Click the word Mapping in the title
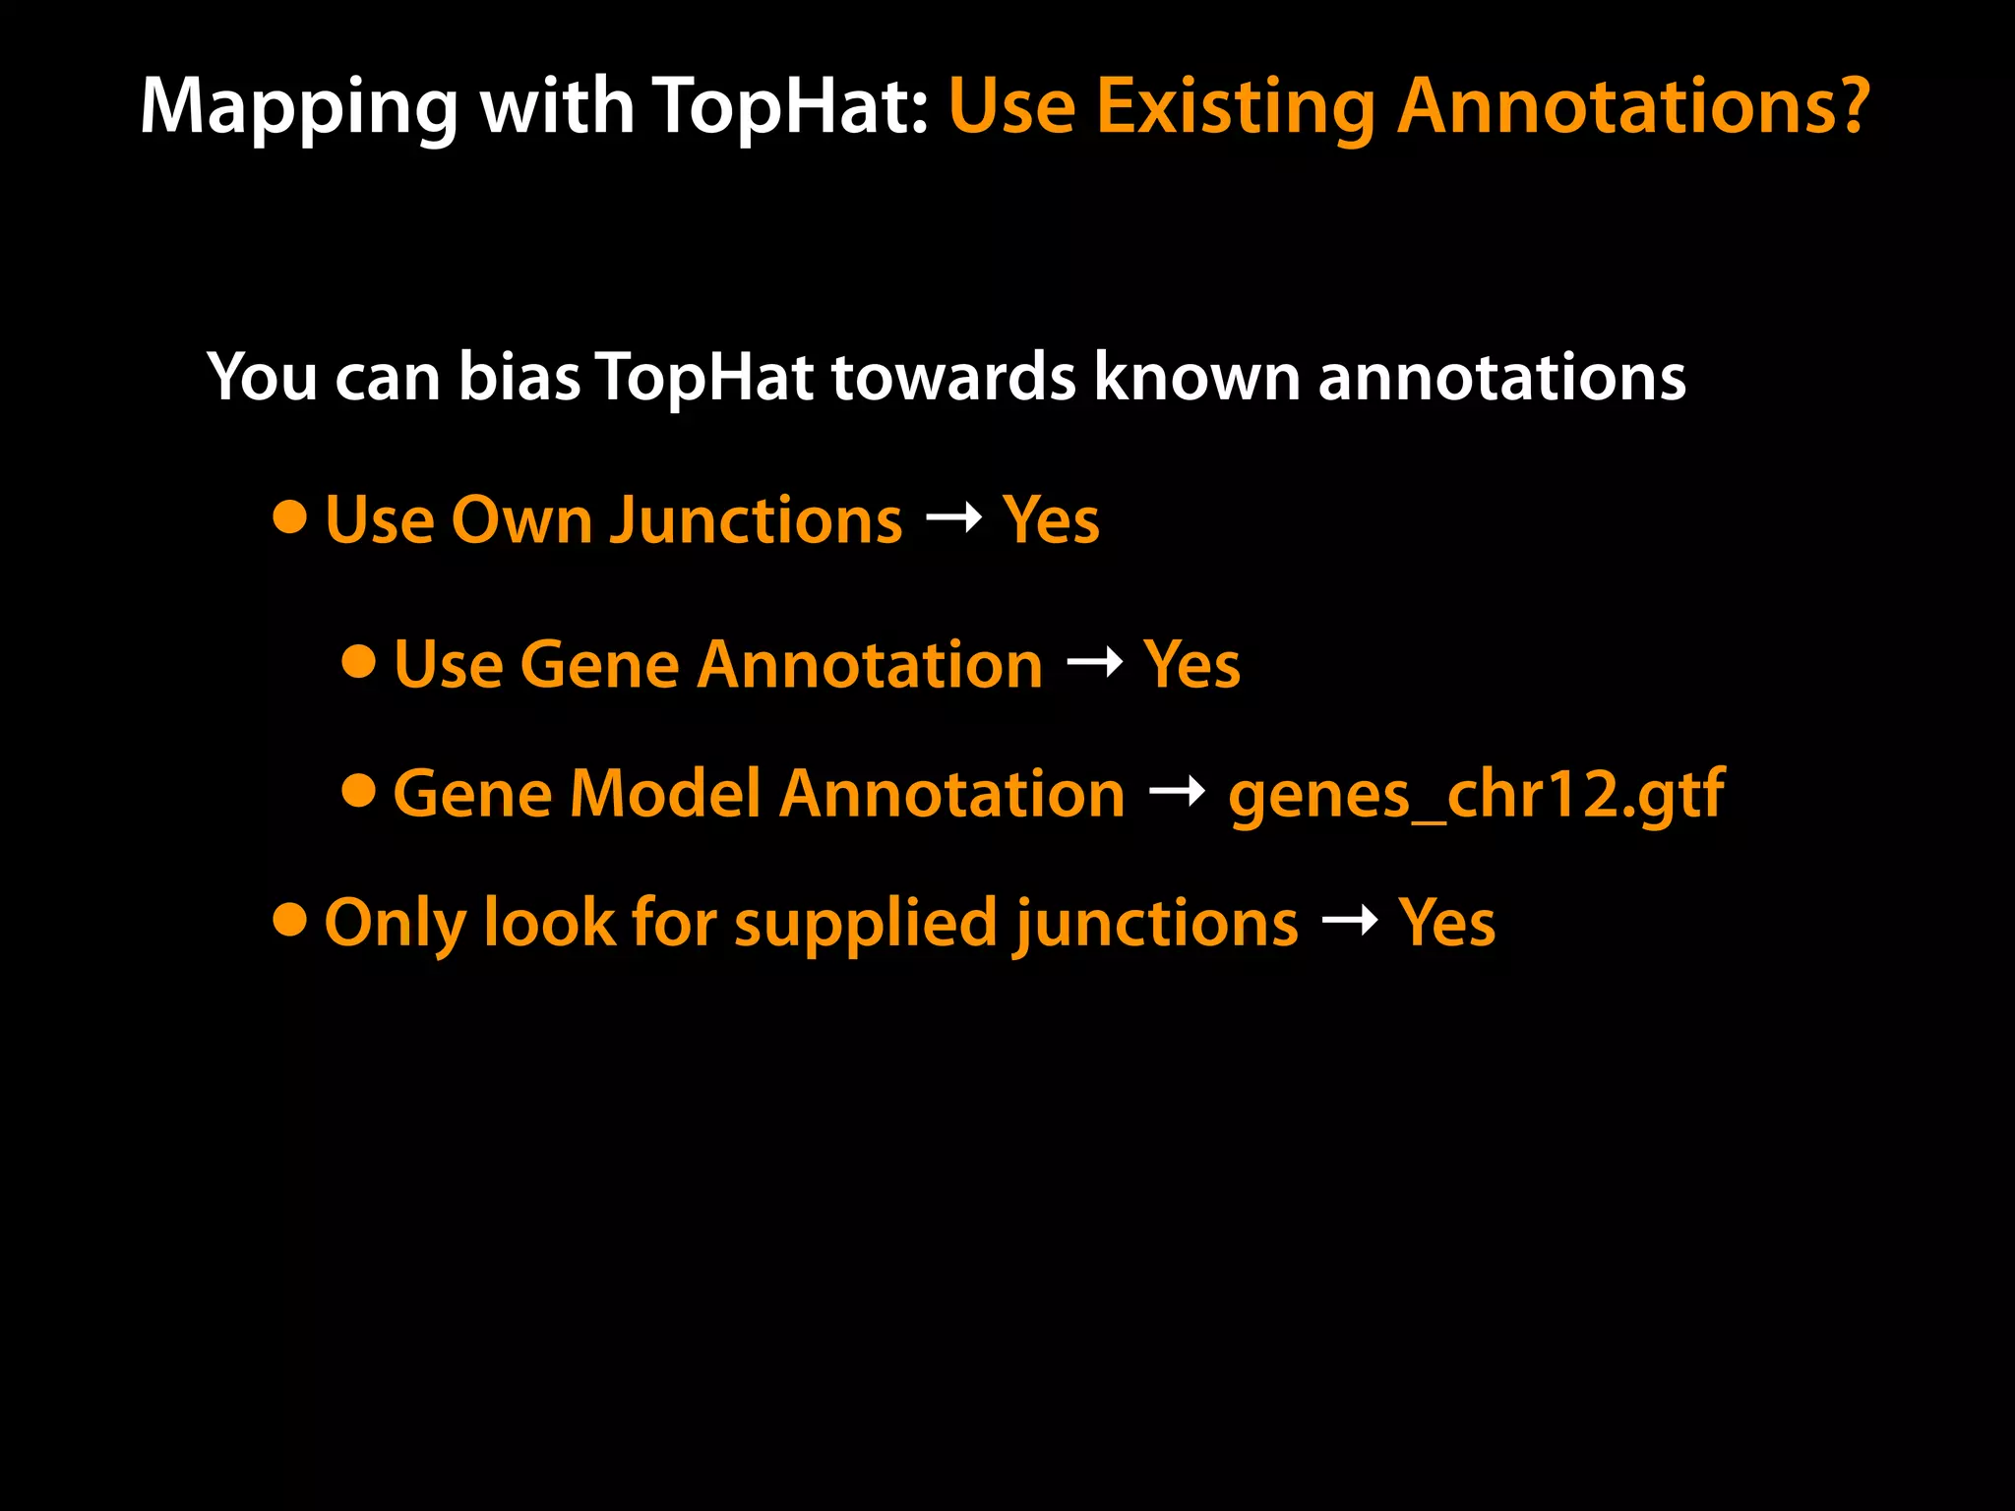pos(299,108)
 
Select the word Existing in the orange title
pos(1235,108)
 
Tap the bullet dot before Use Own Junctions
pos(290,516)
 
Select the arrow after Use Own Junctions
pos(953,516)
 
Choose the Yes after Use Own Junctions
pos(1051,520)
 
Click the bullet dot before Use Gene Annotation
pos(359,661)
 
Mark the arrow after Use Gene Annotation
pos(1095,662)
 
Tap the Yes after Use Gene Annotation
pos(1191,665)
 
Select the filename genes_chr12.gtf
pos(1476,795)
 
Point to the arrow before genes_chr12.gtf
pos(1178,790)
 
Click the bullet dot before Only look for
pos(290,920)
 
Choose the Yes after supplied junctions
pos(1446,924)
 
